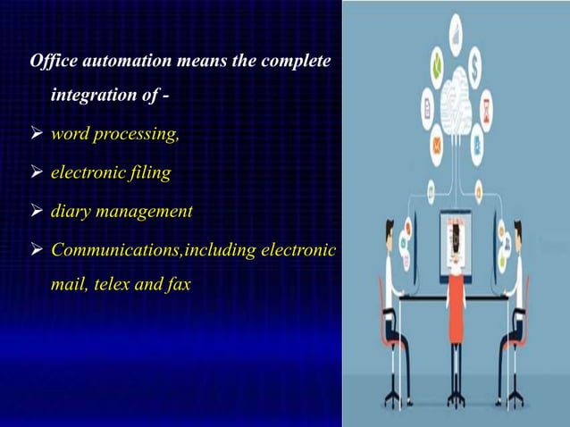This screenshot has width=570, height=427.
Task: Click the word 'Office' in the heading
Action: point(52,63)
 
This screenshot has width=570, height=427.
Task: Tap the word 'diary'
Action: point(72,213)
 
